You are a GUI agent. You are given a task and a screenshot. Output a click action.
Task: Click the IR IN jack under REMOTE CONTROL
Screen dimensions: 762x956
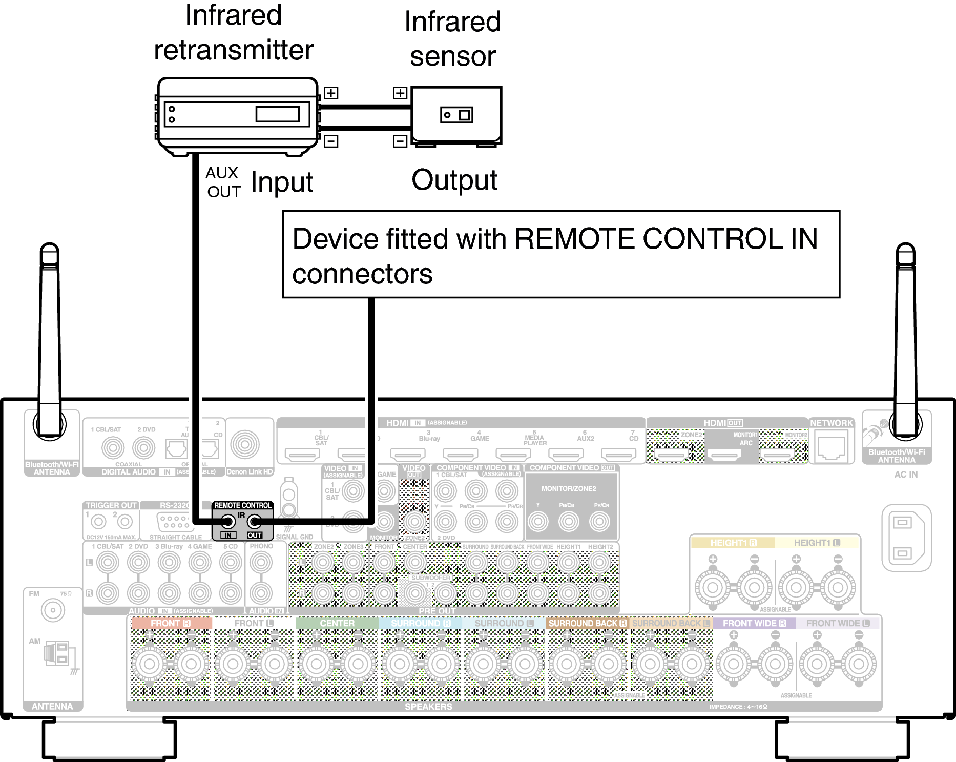(227, 522)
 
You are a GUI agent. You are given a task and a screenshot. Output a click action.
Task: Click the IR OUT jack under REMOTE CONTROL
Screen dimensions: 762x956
(255, 522)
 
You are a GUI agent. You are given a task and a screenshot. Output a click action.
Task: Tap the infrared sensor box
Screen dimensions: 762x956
(456, 115)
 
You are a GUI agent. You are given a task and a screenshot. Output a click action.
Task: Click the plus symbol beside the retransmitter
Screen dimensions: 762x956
(331, 93)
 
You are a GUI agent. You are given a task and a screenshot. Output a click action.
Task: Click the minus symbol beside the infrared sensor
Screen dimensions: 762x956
(400, 141)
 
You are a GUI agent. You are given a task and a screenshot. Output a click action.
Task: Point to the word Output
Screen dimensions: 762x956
(454, 180)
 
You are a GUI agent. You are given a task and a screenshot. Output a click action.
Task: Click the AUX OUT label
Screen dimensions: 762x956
(223, 182)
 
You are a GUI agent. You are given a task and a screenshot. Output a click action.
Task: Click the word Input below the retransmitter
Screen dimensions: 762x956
(282, 182)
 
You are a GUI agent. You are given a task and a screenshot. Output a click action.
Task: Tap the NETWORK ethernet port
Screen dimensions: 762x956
(831, 447)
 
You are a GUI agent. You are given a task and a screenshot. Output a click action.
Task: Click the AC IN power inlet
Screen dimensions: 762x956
(905, 538)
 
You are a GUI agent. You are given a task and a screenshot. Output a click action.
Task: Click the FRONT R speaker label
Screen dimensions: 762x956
(171, 623)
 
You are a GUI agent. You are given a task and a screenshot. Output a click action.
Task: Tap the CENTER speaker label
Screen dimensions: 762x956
(337, 623)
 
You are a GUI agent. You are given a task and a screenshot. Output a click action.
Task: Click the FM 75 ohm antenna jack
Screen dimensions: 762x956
(53, 610)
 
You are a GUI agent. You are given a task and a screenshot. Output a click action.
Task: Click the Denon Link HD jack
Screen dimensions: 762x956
(245, 444)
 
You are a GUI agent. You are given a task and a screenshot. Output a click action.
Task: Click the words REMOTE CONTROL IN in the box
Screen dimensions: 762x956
(666, 239)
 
